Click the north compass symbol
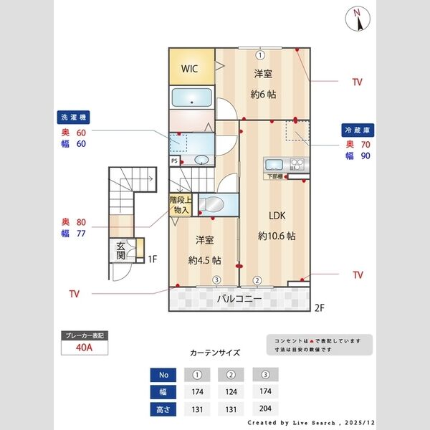357,19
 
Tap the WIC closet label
189,69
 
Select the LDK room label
277,214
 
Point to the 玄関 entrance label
121,251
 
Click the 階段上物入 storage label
179,206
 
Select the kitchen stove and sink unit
285,164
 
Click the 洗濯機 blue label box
74,117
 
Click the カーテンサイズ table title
215,353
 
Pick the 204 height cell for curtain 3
265,409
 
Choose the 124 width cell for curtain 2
231,392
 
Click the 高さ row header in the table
163,409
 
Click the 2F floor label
320,309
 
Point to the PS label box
174,161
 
